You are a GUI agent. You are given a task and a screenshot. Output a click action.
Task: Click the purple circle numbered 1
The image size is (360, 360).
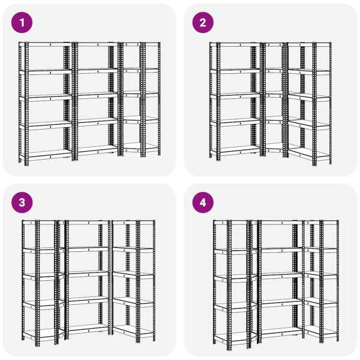[22, 23]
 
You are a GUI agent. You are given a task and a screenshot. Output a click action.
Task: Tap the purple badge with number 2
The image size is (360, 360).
[203, 23]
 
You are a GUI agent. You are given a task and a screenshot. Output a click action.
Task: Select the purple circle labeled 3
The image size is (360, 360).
[22, 203]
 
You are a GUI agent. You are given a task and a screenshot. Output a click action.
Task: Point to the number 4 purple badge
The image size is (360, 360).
[203, 203]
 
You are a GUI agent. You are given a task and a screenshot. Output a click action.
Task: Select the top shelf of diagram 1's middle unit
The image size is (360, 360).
[98, 44]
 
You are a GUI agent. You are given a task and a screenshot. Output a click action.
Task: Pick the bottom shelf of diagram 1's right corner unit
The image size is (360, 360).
[140, 147]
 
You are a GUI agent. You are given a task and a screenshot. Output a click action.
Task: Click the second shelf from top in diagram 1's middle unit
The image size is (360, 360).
[98, 71]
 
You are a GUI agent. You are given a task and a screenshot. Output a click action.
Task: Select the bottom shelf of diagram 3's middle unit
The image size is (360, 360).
[88, 328]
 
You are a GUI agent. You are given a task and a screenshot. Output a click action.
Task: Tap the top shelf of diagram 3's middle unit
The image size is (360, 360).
[88, 223]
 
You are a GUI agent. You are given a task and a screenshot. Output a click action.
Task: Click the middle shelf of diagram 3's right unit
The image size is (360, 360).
[133, 275]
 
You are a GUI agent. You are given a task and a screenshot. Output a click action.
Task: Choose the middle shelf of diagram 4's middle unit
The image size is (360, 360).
[281, 275]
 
